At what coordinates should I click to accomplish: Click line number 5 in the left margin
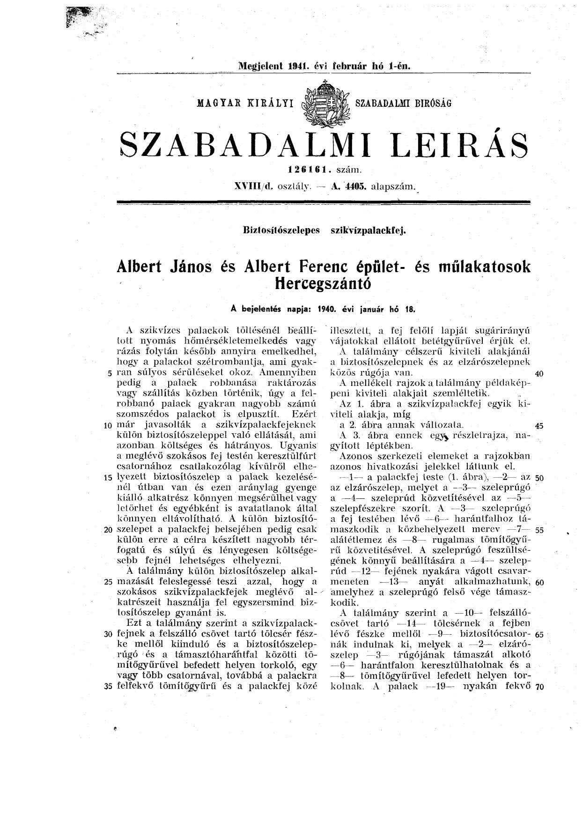point(110,374)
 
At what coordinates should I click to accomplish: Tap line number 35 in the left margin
point(108,687)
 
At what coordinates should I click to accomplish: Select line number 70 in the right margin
point(538,688)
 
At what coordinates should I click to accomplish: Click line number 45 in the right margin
point(539,426)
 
